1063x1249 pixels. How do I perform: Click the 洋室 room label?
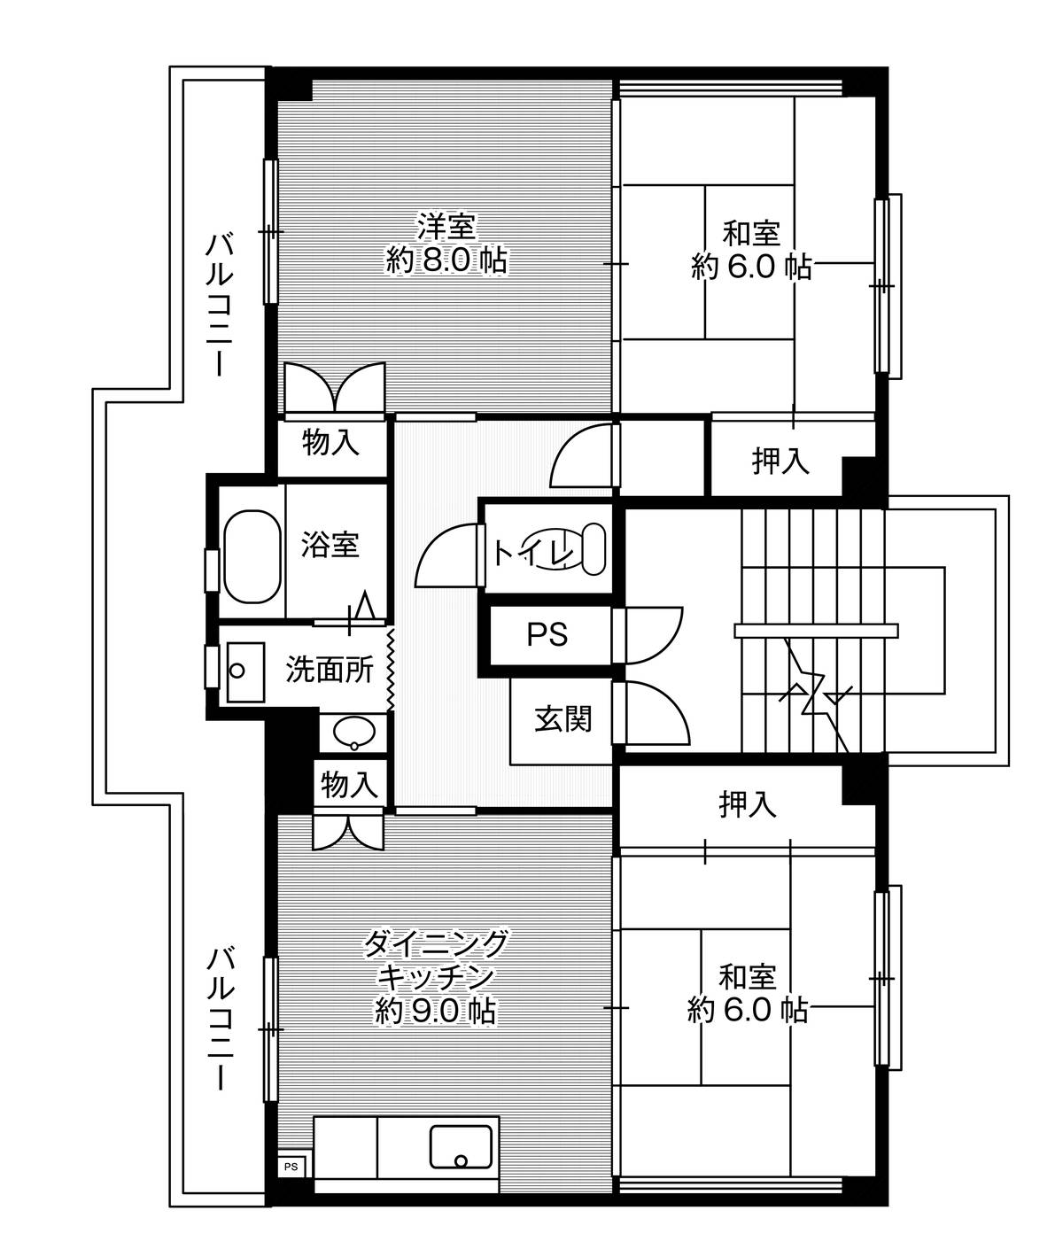point(446,227)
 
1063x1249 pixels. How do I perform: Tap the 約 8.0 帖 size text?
point(446,260)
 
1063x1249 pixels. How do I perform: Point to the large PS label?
point(547,634)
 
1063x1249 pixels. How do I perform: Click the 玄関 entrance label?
point(563,719)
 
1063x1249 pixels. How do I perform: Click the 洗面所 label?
point(330,669)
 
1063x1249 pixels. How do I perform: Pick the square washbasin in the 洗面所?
point(245,671)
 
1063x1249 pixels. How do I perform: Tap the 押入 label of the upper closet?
point(780,461)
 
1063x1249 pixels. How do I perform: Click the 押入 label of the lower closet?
point(748,804)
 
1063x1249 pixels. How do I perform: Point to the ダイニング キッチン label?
point(435,961)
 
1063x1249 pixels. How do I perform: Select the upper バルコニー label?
point(220,305)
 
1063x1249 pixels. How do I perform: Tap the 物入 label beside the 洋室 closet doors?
point(330,442)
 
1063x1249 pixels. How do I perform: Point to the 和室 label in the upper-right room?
point(751,233)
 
